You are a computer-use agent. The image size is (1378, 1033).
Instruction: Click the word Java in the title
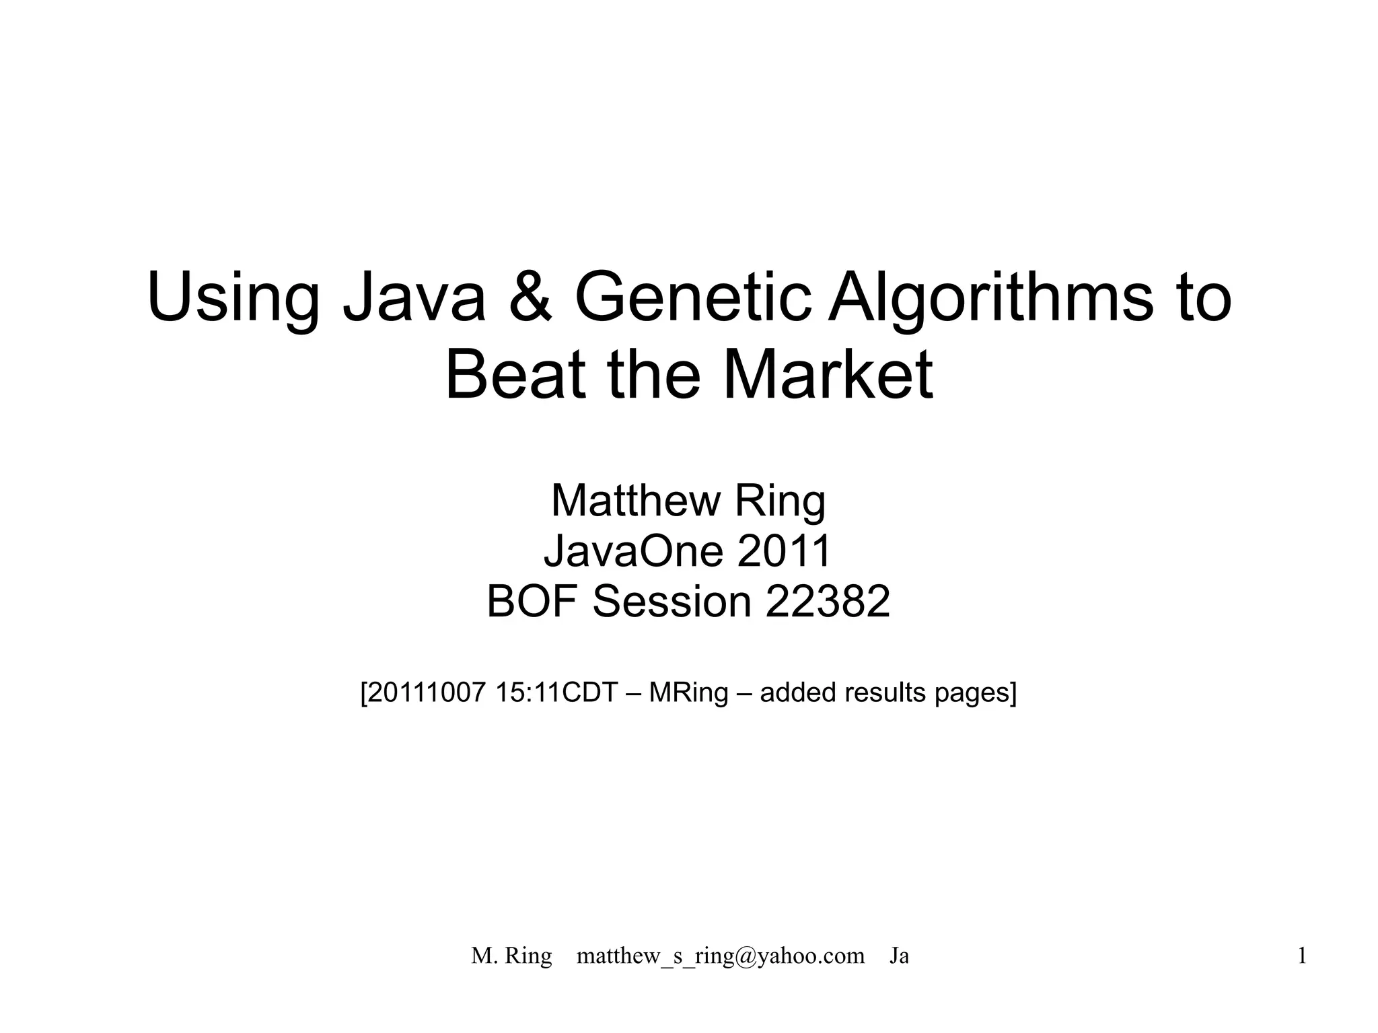tap(413, 297)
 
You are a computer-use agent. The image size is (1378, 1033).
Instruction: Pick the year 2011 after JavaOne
tap(785, 551)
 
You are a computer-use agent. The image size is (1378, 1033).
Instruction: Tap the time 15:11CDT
tap(556, 692)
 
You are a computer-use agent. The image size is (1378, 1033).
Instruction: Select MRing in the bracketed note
tap(688, 692)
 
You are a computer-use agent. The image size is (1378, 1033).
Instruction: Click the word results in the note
tap(884, 692)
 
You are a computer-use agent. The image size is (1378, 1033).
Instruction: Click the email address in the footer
tap(720, 956)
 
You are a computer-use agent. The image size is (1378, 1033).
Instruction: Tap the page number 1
tap(1302, 956)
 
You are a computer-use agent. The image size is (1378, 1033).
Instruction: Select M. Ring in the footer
tap(511, 956)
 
